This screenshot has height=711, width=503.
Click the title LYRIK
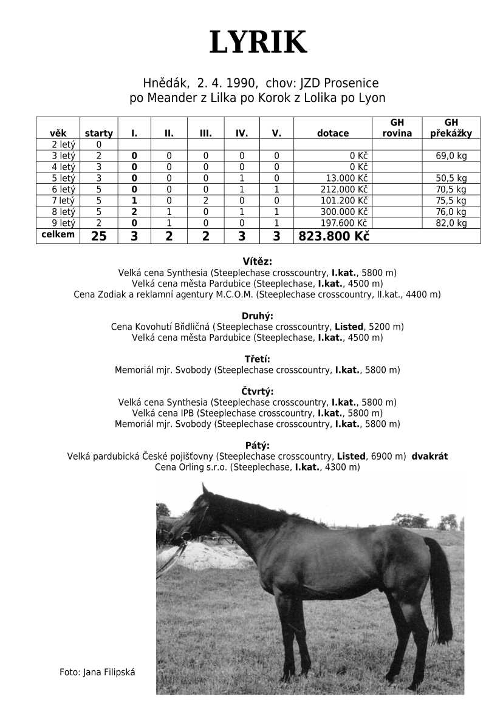click(258, 43)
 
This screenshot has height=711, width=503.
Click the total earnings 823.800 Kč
click(334, 237)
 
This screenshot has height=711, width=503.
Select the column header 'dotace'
click(333, 134)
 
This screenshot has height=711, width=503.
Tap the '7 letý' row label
click(64, 200)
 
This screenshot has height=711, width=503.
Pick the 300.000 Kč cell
click(344, 212)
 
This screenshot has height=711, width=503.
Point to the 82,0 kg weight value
click(451, 223)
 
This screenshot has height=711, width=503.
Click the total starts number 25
click(98, 237)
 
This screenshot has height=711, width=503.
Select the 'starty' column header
click(98, 134)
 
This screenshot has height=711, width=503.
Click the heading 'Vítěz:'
click(257, 262)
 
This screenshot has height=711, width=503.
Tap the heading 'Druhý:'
click(257, 316)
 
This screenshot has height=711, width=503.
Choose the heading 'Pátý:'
click(257, 445)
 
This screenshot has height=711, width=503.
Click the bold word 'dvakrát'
click(429, 456)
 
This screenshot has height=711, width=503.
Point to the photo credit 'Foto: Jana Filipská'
click(97, 672)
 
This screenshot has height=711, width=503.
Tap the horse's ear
click(205, 489)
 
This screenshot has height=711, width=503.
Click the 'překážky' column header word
click(451, 134)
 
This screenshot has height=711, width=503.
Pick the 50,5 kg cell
click(451, 179)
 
